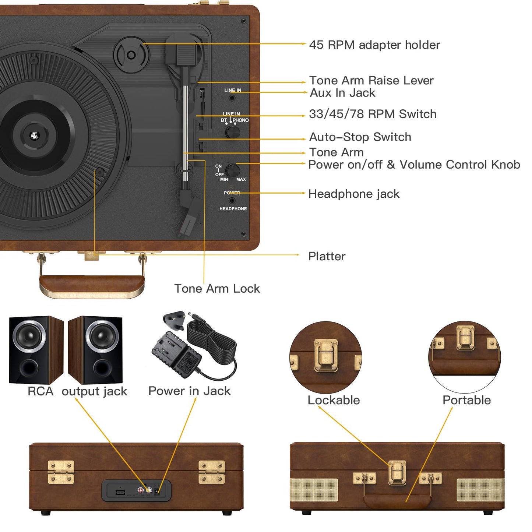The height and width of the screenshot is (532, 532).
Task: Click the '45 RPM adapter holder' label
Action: (x=374, y=45)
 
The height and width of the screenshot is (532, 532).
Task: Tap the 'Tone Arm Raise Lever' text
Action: (x=371, y=80)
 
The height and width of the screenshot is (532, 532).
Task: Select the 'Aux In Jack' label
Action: (x=342, y=93)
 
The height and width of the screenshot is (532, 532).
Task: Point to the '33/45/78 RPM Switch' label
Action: (x=373, y=114)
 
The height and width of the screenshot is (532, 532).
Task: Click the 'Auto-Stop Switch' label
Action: (x=360, y=137)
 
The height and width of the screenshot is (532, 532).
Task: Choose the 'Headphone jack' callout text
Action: (x=353, y=194)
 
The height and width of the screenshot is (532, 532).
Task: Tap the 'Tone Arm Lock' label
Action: (x=217, y=289)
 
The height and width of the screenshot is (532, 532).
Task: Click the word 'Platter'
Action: (x=327, y=256)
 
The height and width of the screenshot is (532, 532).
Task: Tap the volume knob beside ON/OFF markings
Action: (x=233, y=170)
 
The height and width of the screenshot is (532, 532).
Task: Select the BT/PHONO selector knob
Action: (x=232, y=131)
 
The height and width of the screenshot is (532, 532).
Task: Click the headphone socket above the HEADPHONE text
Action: (x=232, y=201)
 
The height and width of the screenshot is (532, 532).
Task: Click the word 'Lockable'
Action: (x=334, y=400)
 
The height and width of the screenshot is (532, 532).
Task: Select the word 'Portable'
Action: (x=466, y=400)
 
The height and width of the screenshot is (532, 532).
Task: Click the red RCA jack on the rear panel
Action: (x=141, y=490)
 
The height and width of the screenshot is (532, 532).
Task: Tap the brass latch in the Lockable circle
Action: (x=326, y=355)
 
